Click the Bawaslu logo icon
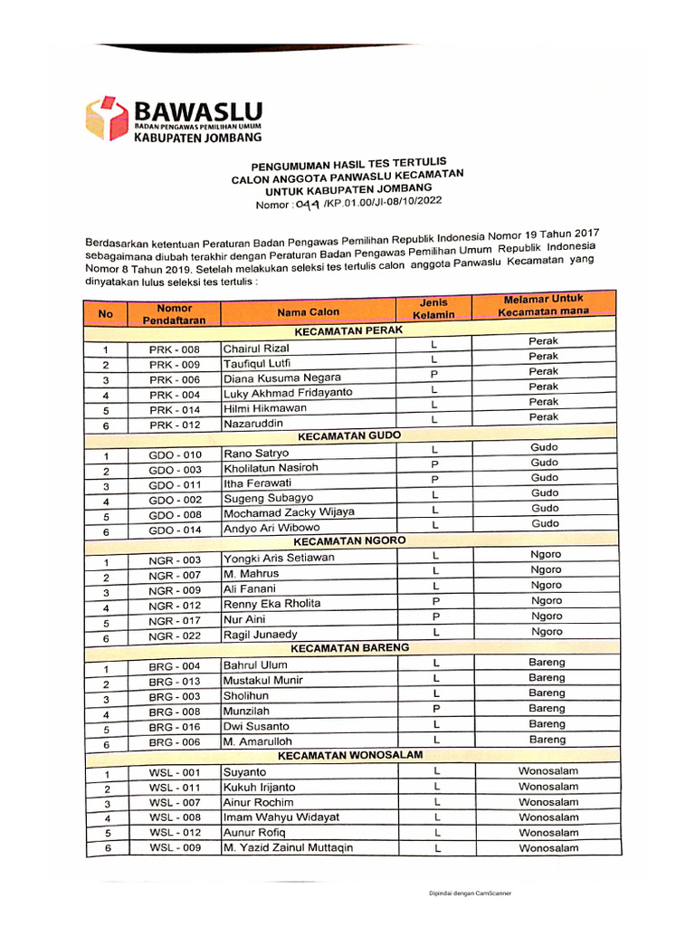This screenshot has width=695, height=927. (x=107, y=117)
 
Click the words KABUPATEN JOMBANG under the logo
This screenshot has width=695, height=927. (x=198, y=138)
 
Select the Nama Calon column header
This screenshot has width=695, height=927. (x=309, y=312)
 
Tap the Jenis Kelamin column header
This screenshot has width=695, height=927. (x=433, y=308)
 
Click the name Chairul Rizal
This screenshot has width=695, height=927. (x=255, y=349)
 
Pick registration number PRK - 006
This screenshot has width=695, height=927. (x=175, y=380)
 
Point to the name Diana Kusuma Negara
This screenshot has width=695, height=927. (x=282, y=377)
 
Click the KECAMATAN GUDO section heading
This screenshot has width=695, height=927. (x=349, y=435)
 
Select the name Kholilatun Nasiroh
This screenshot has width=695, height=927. (x=271, y=468)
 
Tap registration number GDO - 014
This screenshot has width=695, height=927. (x=176, y=530)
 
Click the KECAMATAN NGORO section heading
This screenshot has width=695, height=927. (x=348, y=540)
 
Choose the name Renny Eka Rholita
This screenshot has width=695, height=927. (x=271, y=604)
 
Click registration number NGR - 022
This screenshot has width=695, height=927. (x=175, y=636)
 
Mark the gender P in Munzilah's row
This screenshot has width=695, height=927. (x=436, y=709)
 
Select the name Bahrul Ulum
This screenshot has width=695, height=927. (x=255, y=665)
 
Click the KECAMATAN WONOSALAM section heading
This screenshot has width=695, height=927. (x=349, y=754)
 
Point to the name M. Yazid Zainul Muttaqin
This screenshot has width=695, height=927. (x=288, y=848)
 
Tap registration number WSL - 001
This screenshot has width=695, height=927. (x=175, y=773)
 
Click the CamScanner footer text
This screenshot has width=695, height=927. (x=470, y=893)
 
